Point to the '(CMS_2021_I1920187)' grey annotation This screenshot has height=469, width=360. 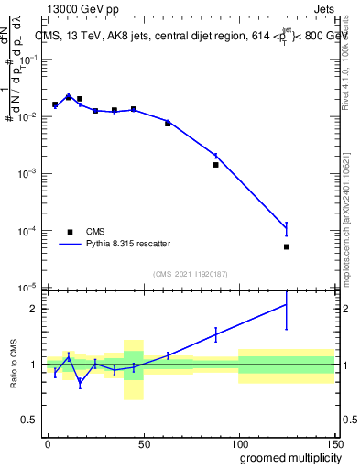click(x=191, y=274)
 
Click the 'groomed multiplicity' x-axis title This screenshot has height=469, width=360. click(x=286, y=457)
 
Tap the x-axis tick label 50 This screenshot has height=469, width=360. click(x=143, y=443)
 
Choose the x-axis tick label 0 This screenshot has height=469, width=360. click(x=48, y=443)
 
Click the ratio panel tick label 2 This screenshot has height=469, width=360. click(x=35, y=309)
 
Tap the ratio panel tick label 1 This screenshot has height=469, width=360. click(x=35, y=365)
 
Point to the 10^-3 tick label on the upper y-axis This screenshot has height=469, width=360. click(x=28, y=173)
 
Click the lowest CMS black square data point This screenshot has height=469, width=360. click(x=287, y=246)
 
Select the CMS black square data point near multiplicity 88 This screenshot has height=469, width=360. click(x=215, y=165)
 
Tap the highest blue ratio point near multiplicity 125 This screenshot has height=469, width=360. click(x=287, y=305)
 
